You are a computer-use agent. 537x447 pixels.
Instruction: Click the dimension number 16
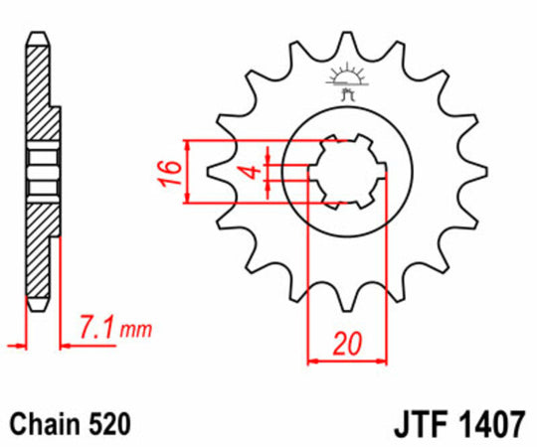171,172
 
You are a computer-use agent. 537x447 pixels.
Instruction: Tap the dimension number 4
254,172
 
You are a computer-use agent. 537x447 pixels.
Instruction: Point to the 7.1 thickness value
94,326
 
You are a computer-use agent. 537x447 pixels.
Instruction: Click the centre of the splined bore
345,171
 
